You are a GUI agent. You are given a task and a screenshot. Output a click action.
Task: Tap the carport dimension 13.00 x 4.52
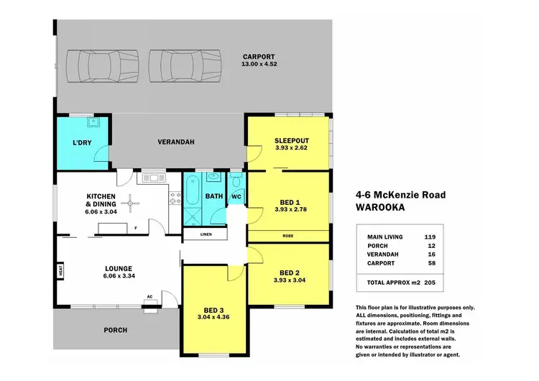pyautogui.click(x=260, y=65)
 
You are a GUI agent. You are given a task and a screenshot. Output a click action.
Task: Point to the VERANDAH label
pyautogui.click(x=176, y=142)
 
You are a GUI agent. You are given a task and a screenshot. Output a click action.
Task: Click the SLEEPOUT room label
pyautogui.click(x=291, y=140)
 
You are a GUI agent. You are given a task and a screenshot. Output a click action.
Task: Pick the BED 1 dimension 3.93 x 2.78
pyautogui.click(x=291, y=210)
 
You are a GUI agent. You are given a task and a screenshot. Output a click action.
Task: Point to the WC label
pyautogui.click(x=236, y=196)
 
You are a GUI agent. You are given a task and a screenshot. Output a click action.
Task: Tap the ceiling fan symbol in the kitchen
pyautogui.click(x=130, y=204)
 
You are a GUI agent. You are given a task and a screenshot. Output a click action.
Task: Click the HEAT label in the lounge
pyautogui.click(x=62, y=271)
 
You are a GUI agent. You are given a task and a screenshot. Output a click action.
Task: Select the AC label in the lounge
pyautogui.click(x=149, y=296)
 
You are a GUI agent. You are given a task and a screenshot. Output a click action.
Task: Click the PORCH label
pyautogui.click(x=116, y=330)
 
